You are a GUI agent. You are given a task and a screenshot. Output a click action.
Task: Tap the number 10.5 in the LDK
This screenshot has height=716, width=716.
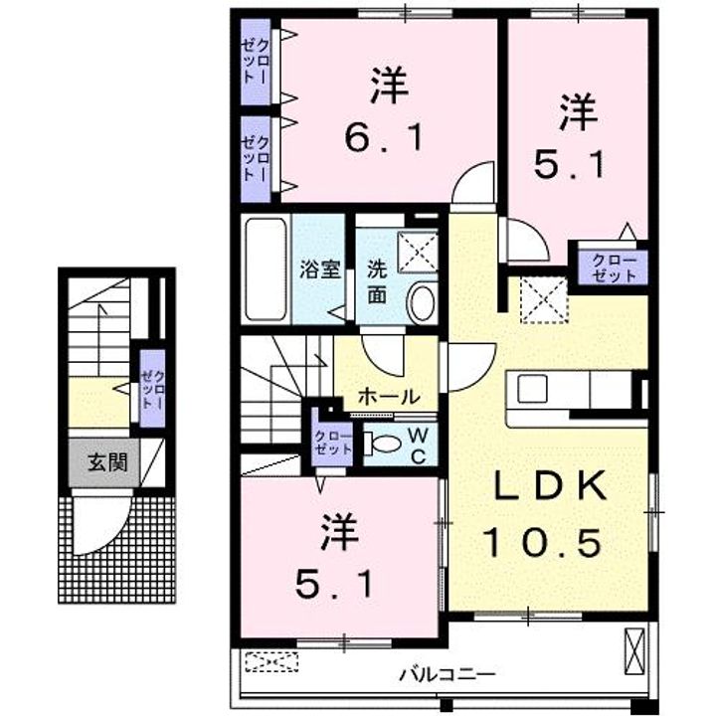(543, 543)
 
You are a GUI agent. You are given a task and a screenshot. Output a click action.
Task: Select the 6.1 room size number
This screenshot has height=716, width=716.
(384, 137)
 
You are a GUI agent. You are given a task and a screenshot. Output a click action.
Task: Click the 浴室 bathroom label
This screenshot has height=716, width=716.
(319, 269)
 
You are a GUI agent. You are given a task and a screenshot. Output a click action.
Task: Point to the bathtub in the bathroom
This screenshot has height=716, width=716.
(266, 269)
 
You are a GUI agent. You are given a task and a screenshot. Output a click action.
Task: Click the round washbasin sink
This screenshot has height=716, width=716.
(423, 303)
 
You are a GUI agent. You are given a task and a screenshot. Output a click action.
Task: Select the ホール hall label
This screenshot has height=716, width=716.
(389, 397)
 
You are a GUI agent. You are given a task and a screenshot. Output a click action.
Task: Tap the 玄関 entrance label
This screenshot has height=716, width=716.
(107, 462)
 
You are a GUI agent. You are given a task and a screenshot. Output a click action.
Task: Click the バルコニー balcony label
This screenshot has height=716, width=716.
(447, 674)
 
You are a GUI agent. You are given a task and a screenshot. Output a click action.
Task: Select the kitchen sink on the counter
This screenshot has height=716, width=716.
(532, 389)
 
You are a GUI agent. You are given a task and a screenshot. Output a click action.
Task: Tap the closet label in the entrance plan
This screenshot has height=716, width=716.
(152, 389)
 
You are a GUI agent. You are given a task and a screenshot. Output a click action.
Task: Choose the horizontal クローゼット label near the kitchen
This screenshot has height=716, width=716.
(614, 268)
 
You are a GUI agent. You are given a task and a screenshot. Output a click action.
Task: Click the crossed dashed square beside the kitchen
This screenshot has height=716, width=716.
(543, 300)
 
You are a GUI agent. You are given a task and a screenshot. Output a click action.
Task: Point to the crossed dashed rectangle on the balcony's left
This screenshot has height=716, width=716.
(271, 661)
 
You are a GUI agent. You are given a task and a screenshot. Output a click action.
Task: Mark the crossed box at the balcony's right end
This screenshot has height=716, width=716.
(634, 651)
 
